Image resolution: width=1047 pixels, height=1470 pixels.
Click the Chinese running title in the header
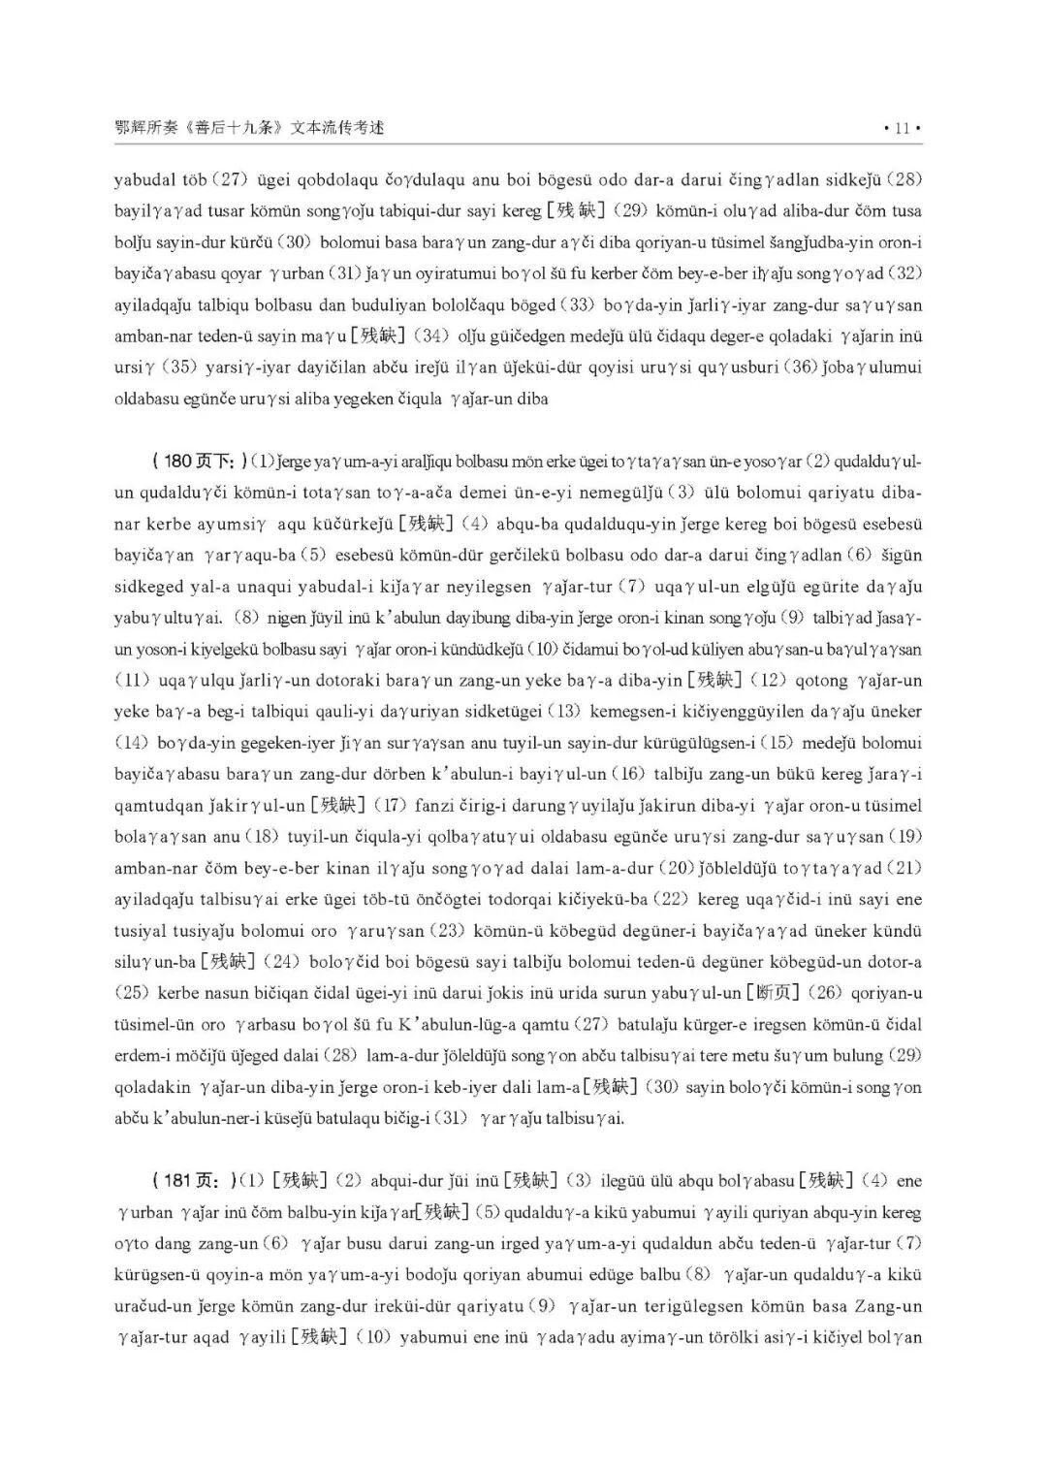point(249,127)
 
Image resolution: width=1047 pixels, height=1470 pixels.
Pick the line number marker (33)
point(581,304)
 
